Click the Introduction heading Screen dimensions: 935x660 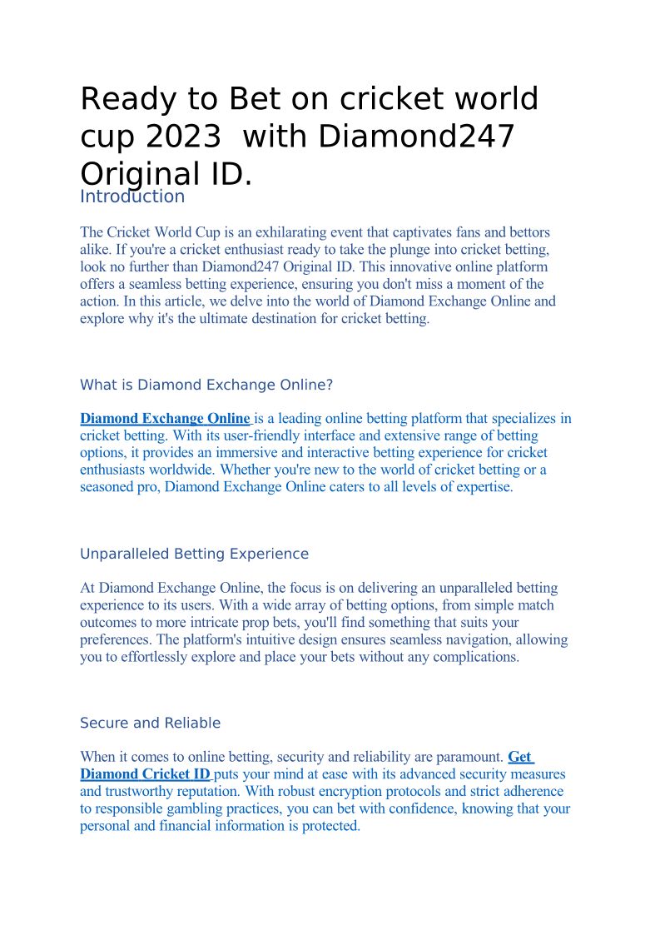[x=132, y=196]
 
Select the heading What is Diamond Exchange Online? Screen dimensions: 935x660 [x=206, y=385]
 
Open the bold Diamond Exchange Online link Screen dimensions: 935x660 [x=165, y=419]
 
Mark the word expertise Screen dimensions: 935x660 [x=484, y=487]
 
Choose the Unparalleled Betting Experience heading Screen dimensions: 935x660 [x=194, y=554]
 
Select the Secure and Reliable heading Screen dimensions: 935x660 [x=151, y=723]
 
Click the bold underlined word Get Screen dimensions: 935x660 [x=519, y=757]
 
